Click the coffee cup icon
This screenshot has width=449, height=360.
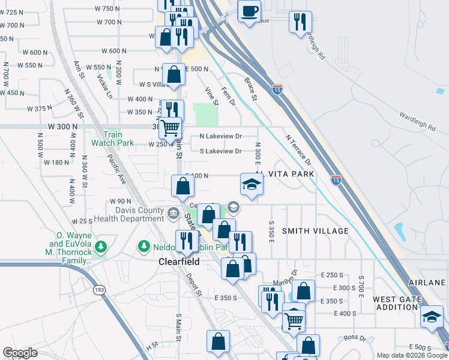249,10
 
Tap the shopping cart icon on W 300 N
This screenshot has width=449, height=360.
171,128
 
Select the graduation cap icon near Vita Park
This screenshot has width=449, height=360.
252,185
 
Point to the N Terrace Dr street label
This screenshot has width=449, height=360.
299,151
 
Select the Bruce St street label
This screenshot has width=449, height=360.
250,89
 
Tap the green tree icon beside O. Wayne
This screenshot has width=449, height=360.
101,247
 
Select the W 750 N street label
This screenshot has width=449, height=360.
107,8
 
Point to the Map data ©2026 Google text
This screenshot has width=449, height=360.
412,355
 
